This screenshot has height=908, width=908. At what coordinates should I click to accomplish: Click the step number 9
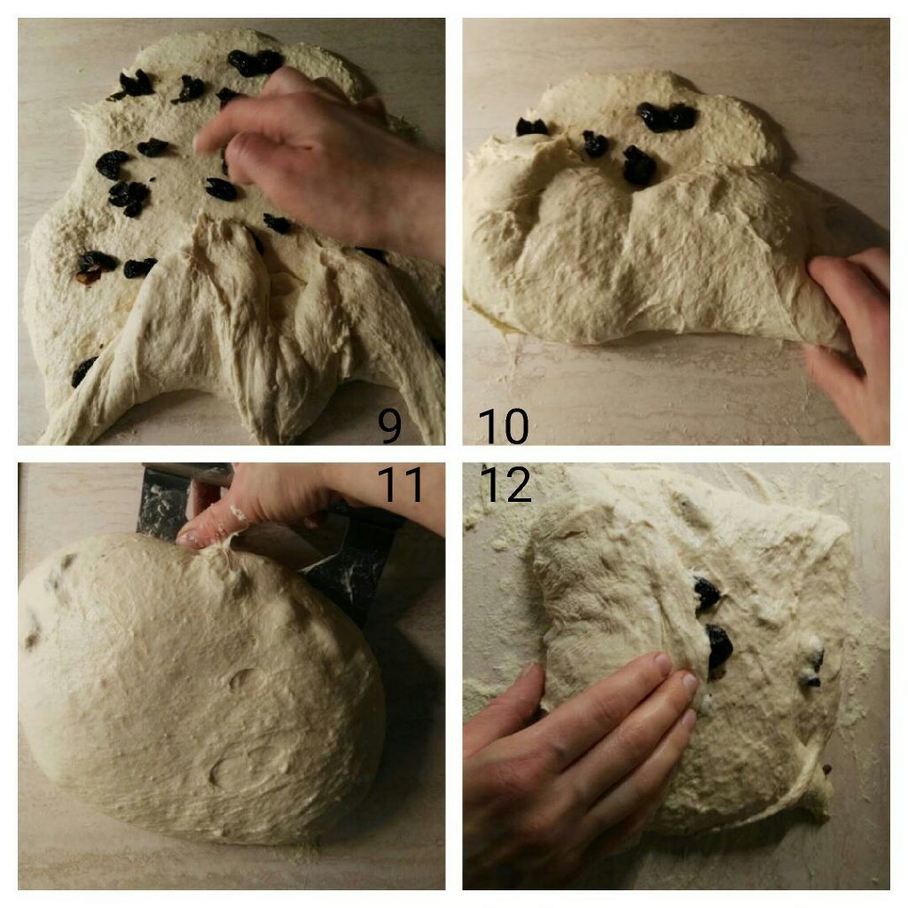tap(390, 426)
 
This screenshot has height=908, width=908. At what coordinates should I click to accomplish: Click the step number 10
tap(504, 426)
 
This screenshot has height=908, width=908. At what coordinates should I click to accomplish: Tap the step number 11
tap(400, 484)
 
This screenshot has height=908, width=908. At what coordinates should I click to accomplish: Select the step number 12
tap(505, 484)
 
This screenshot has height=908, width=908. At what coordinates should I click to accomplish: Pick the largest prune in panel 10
tap(667, 117)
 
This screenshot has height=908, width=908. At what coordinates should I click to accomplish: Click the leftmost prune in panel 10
tap(531, 127)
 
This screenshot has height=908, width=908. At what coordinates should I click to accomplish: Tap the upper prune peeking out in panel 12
tap(707, 593)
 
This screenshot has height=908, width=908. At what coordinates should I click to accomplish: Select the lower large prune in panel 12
tap(719, 646)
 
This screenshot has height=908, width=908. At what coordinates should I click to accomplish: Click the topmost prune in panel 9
tap(254, 62)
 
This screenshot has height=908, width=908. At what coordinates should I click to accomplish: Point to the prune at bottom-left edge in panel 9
tap(83, 372)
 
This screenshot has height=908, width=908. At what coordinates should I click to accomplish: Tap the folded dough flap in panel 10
tap(654, 261)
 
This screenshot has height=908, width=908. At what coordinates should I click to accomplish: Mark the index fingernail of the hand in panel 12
tap(662, 661)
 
